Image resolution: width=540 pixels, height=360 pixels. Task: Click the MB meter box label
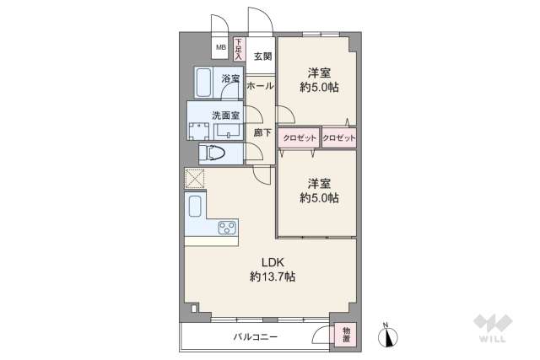(221, 48)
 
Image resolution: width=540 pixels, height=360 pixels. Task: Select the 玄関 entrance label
(262, 57)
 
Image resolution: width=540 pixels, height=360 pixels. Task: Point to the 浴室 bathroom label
(230, 79)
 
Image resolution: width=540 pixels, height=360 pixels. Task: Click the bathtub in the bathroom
(205, 83)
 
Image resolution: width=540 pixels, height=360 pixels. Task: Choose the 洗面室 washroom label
(225, 114)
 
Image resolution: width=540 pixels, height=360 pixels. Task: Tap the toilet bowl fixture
(213, 153)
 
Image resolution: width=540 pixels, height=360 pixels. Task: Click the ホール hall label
(261, 85)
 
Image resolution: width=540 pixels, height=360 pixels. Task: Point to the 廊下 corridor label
(262, 132)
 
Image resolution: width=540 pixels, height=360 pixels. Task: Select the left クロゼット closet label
(299, 137)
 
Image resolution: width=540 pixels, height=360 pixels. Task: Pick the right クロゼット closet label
(338, 137)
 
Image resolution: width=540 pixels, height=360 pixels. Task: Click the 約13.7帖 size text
(272, 276)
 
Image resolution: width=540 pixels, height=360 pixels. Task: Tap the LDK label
(272, 261)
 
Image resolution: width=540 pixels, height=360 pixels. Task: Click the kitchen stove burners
(227, 226)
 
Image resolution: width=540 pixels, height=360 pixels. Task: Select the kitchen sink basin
(195, 207)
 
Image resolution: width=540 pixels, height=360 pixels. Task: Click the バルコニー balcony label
(256, 337)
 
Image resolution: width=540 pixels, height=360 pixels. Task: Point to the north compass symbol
(389, 336)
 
